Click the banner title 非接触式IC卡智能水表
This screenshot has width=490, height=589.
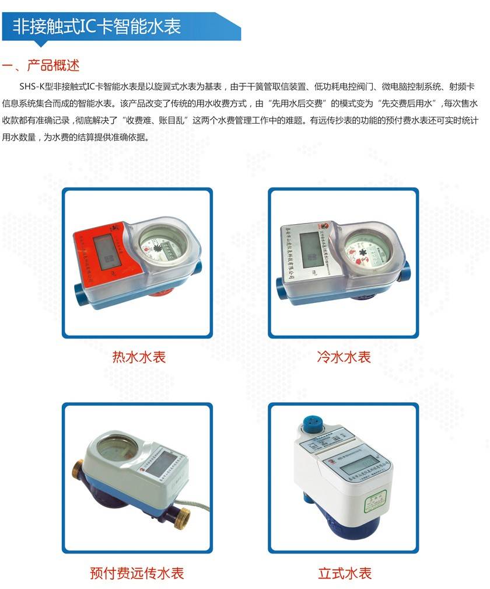[97, 26]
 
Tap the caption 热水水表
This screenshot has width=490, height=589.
[139, 357]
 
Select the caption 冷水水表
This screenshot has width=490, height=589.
[344, 357]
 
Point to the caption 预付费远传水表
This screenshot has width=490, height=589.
[137, 573]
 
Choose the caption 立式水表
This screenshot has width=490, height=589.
[344, 573]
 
